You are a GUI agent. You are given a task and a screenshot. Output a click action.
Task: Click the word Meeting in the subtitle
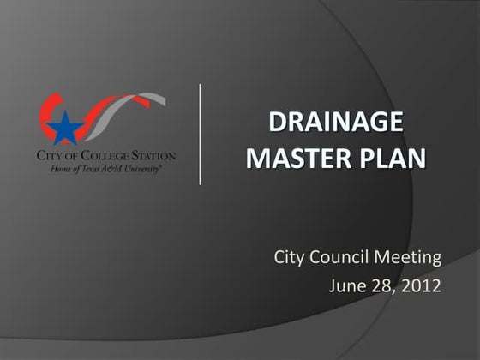[411, 255]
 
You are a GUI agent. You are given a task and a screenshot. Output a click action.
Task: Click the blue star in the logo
[62, 129]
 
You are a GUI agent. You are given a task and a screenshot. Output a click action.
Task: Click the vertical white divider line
[201, 134]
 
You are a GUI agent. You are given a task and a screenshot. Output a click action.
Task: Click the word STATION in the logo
[153, 157]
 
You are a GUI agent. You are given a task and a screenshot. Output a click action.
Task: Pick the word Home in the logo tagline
[62, 169]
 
